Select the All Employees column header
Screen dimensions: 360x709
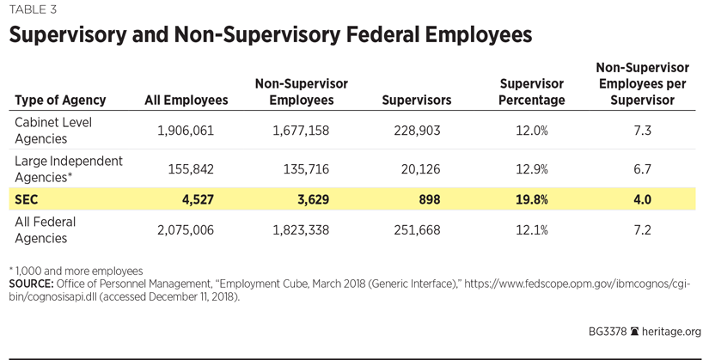[x=186, y=101]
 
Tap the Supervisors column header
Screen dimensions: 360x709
[x=416, y=101]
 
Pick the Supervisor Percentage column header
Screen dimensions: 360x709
[x=532, y=92]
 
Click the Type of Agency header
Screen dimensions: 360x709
[x=60, y=101]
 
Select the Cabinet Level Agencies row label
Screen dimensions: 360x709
[x=53, y=131]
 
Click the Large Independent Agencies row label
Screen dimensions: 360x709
[x=69, y=169]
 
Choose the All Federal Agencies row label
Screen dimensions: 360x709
[x=46, y=230]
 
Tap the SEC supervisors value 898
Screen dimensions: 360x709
[x=428, y=199]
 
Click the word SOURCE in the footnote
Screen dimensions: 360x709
[x=31, y=284]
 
